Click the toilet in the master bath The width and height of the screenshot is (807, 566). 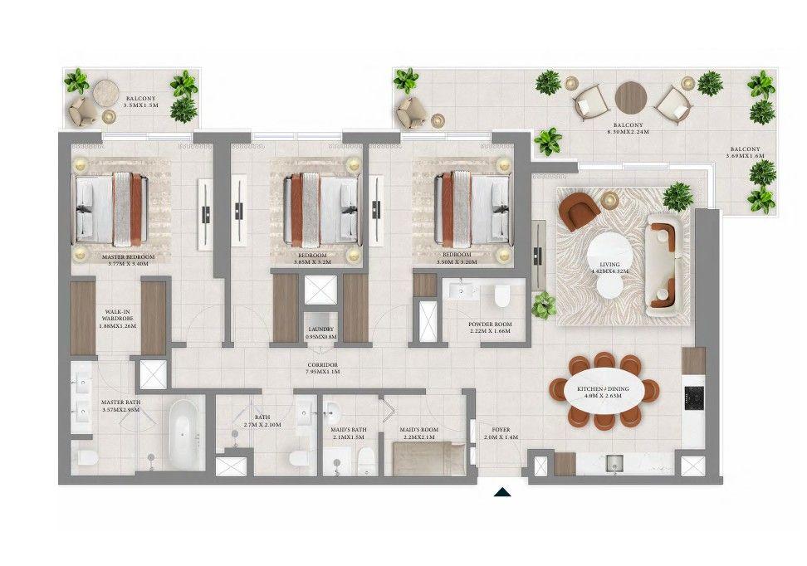click(x=86, y=457)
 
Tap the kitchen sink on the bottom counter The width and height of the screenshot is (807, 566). click(x=615, y=463)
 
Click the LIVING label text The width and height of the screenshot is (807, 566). click(x=611, y=267)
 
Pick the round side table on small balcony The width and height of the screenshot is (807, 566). click(x=105, y=90)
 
